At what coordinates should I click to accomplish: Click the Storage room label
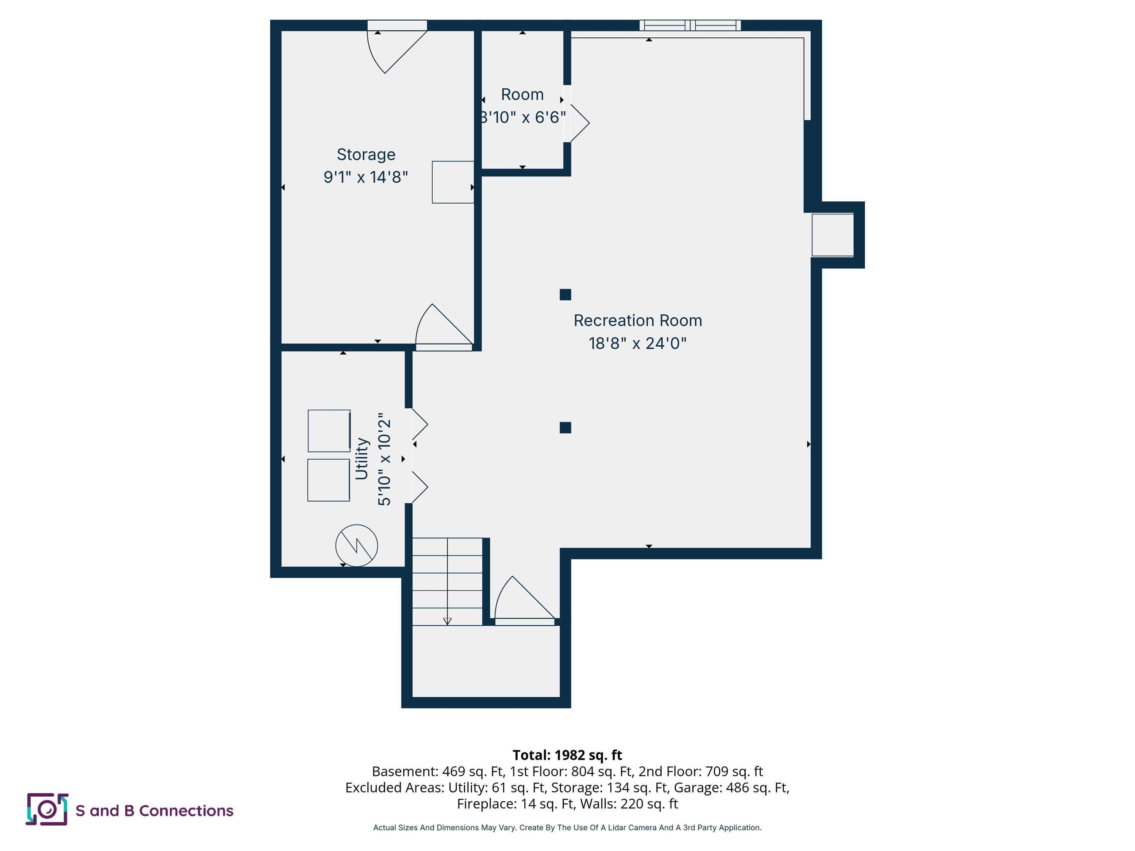point(366,154)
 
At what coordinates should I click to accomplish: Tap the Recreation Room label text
point(638,321)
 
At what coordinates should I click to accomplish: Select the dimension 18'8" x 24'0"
point(638,343)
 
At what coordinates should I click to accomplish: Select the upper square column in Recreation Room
point(565,294)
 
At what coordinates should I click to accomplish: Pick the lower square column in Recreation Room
point(565,428)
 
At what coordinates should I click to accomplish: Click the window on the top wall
point(690,25)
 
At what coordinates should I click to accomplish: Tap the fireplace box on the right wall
point(832,235)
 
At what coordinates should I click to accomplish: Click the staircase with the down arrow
point(447,582)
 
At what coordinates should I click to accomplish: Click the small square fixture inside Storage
point(453,182)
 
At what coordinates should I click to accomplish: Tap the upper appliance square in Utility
point(329,431)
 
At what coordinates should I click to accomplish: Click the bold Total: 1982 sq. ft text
point(567,755)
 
